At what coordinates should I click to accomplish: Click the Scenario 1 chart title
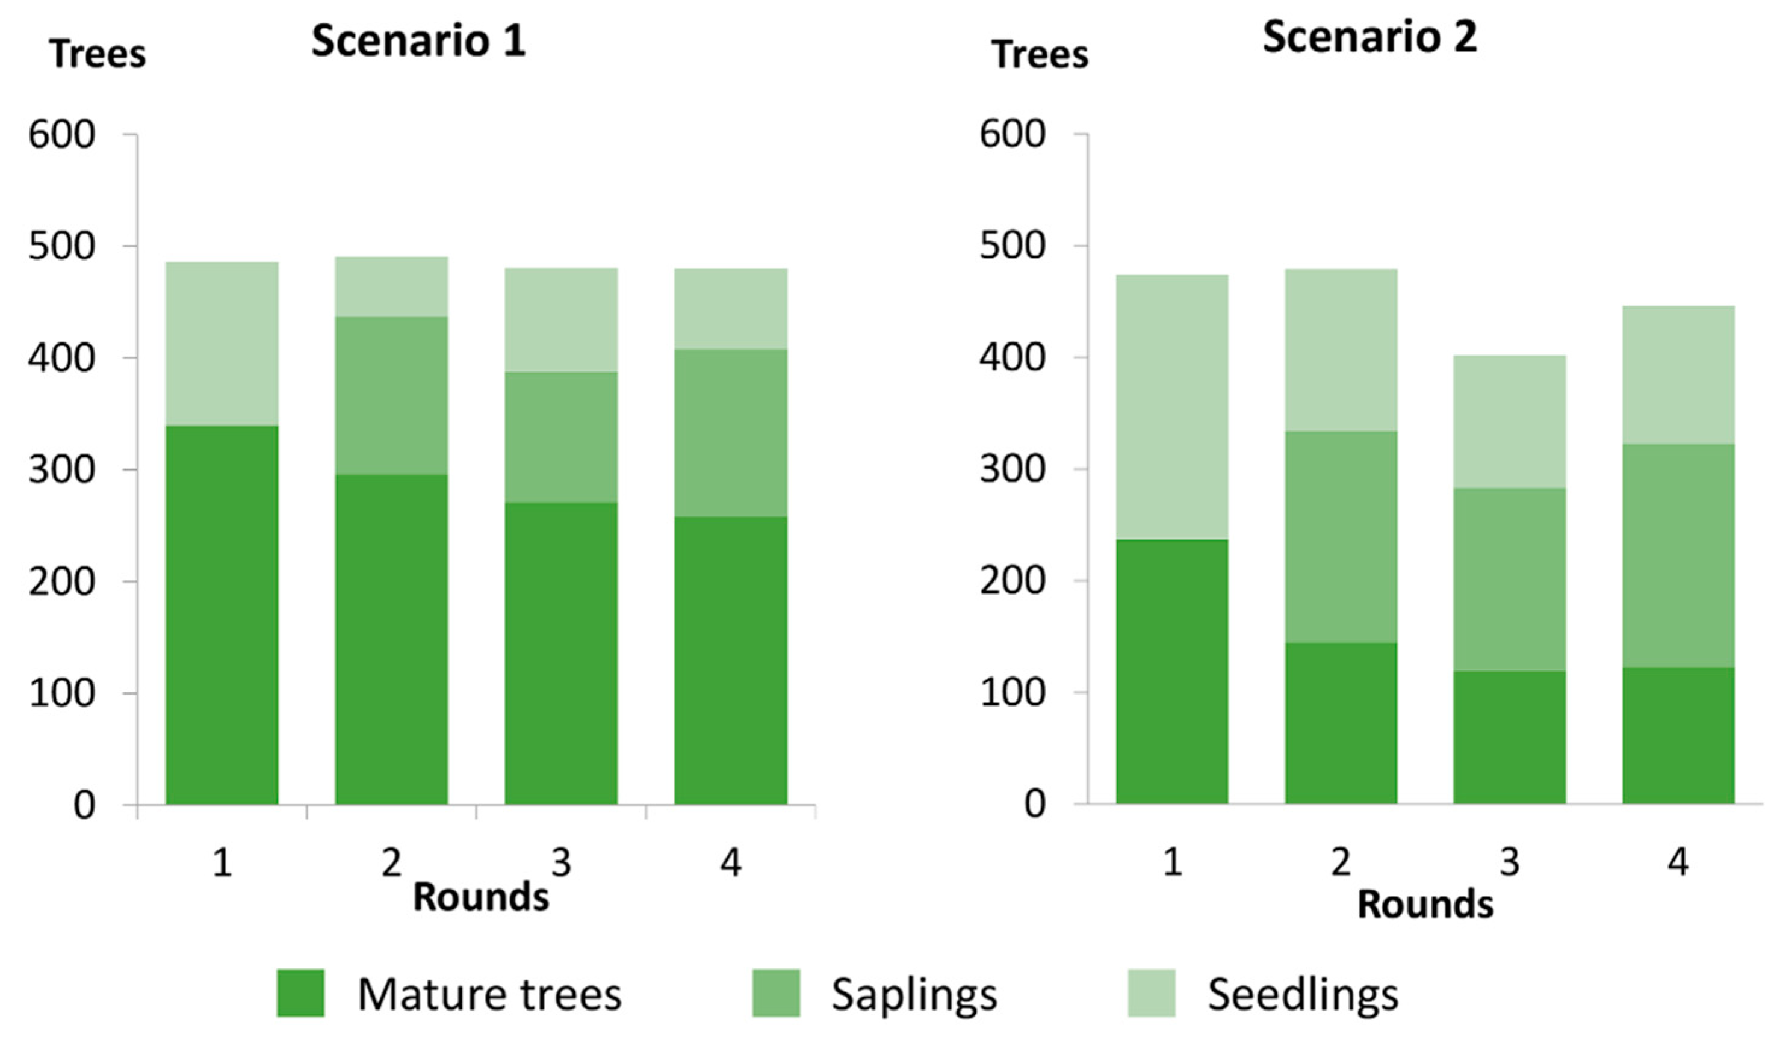tap(418, 40)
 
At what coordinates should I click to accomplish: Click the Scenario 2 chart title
tap(1369, 37)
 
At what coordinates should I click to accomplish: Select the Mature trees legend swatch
tap(300, 993)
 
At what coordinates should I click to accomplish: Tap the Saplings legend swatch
tap(776, 993)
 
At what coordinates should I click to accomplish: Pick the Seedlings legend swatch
tap(1151, 993)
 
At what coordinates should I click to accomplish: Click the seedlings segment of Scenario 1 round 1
tap(222, 344)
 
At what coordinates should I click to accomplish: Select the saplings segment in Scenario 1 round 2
tap(391, 395)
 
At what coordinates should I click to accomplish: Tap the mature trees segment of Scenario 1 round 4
tap(730, 661)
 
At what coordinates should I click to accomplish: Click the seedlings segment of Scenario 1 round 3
tap(561, 320)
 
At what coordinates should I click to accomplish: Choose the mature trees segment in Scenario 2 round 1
tap(1171, 672)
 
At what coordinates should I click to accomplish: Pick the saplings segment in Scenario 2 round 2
tap(1341, 537)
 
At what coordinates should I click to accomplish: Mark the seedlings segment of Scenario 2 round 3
tap(1510, 422)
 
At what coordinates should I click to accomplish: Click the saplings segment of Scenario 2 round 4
tap(1678, 556)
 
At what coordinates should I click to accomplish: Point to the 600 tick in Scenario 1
tap(62, 134)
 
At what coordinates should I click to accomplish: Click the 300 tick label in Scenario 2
tap(1012, 469)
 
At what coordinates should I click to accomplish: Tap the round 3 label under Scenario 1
tap(561, 862)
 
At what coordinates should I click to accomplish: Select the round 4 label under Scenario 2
tap(1678, 862)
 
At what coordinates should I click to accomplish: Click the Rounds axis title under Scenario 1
tap(481, 897)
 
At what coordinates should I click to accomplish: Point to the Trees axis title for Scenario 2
tap(1040, 54)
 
